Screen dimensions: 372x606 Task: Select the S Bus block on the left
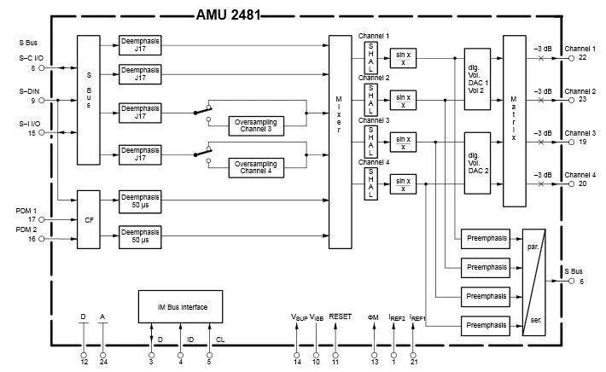click(89, 100)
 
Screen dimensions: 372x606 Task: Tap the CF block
click(89, 219)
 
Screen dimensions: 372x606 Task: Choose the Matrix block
click(514, 121)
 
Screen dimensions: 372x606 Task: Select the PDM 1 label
click(26, 209)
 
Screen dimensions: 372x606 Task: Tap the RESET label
click(340, 317)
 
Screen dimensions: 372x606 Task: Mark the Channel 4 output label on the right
click(580, 174)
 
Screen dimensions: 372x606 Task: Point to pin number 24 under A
click(102, 363)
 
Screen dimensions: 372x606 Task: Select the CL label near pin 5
click(219, 339)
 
